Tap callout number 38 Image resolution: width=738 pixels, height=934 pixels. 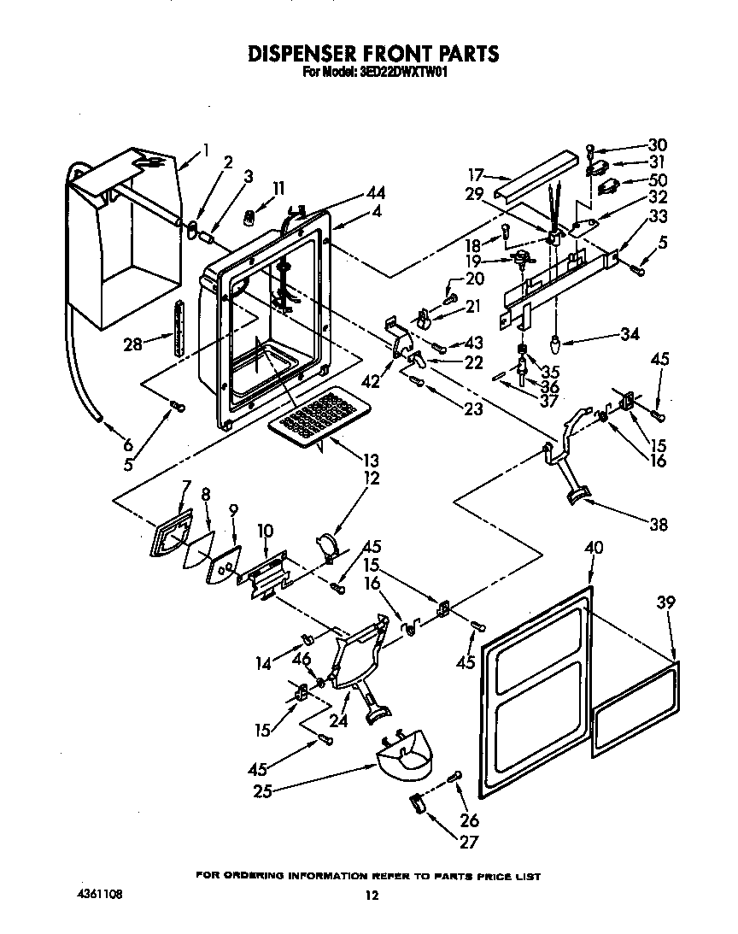658,525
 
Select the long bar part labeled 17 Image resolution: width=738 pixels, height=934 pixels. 538,173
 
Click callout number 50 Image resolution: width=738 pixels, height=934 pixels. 659,180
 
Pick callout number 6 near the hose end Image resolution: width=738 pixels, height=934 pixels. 127,444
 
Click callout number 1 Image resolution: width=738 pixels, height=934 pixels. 206,150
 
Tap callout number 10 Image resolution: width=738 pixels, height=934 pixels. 265,531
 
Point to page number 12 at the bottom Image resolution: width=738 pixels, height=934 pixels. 371,896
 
